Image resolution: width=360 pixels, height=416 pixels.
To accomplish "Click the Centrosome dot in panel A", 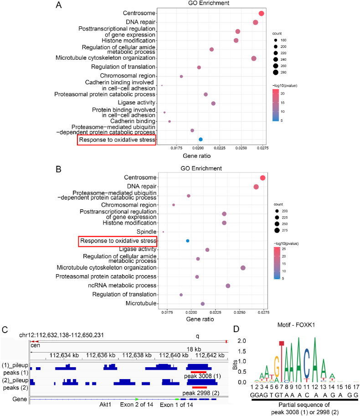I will pos(261,14).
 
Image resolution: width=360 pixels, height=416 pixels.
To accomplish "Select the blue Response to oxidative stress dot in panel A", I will pos(201,140).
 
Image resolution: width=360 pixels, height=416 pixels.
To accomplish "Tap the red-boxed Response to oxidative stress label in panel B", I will pos(118,241).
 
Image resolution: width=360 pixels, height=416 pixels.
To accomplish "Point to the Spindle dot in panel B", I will pos(163,232).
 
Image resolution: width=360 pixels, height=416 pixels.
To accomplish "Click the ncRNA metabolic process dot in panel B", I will pos(228,286).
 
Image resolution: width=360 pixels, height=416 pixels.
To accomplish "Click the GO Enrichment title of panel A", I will pos(209,3).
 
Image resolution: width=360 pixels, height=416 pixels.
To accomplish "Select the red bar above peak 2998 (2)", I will pos(200,387).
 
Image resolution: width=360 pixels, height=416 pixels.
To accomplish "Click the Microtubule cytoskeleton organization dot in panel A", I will pos(254,58).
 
